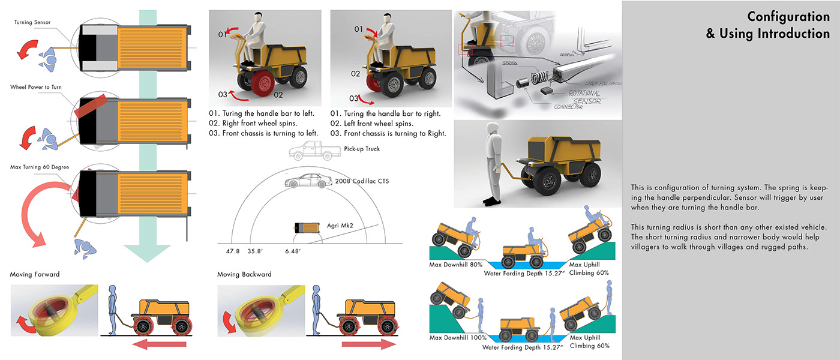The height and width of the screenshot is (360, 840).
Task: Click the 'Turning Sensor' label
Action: [32, 22]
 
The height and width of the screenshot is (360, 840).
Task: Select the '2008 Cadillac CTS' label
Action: [355, 181]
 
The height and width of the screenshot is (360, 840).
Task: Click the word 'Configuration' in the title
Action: [788, 17]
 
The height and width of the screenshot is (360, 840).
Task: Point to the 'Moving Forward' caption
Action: [35, 274]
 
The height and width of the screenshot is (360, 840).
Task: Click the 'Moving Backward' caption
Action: [244, 274]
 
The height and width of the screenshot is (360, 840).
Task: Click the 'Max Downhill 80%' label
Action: [456, 265]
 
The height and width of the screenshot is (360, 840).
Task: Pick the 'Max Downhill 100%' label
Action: [458, 338]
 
